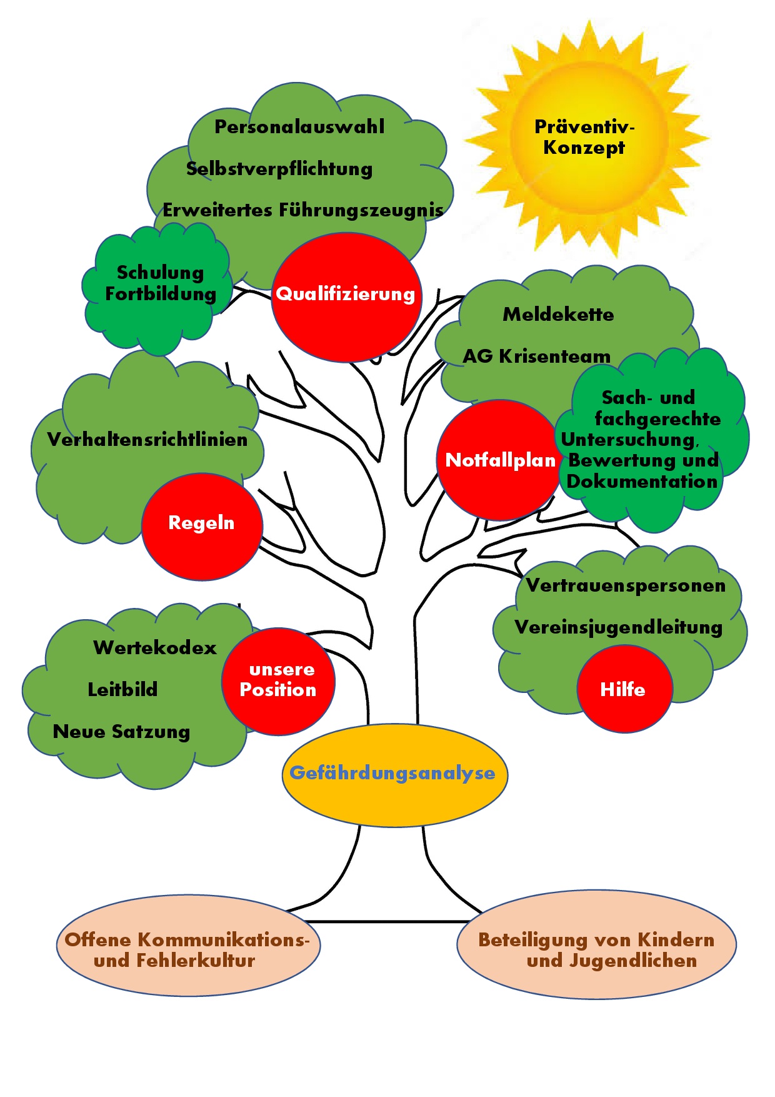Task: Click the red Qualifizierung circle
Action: [x=346, y=297]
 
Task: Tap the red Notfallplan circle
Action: [x=499, y=460]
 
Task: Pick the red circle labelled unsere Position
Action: [x=278, y=680]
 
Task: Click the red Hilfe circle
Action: [x=624, y=689]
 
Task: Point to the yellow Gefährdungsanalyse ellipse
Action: [x=394, y=774]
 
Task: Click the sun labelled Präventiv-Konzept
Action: [x=585, y=138]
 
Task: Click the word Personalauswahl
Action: [x=299, y=127]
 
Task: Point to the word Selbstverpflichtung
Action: [x=279, y=169]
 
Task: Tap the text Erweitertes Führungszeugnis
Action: [x=303, y=210]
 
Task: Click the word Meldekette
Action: [x=558, y=314]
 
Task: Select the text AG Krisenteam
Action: [x=536, y=356]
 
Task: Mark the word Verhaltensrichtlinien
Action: [x=147, y=440]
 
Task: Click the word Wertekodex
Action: [x=155, y=647]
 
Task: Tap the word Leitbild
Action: [x=122, y=689]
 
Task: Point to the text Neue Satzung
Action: [x=121, y=732]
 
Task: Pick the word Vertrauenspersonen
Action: [x=626, y=585]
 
